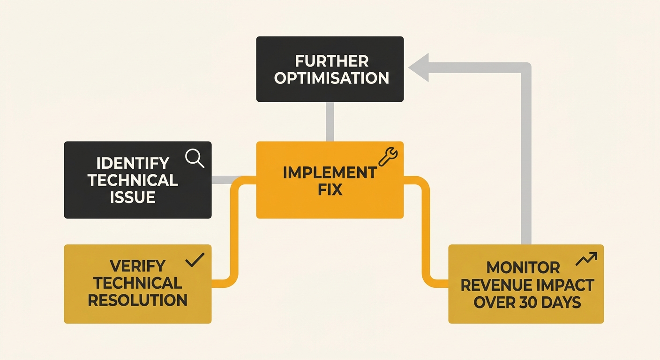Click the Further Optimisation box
tap(330, 69)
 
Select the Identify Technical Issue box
tap(137, 180)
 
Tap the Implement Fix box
tap(330, 180)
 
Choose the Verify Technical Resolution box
tap(137, 284)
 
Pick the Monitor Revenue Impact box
tap(526, 284)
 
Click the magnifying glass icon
tap(195, 158)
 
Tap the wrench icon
tap(388, 157)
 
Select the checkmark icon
tap(195, 260)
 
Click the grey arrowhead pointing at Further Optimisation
tap(419, 68)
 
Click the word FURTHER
tap(332, 61)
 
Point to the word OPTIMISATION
tap(332, 78)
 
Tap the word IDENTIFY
tap(133, 163)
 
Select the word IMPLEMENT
tap(330, 172)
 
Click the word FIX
tap(329, 190)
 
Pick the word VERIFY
tap(137, 266)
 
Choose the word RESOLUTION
tap(137, 300)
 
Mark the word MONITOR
tap(523, 268)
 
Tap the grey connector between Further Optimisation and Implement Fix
tap(330, 121)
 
